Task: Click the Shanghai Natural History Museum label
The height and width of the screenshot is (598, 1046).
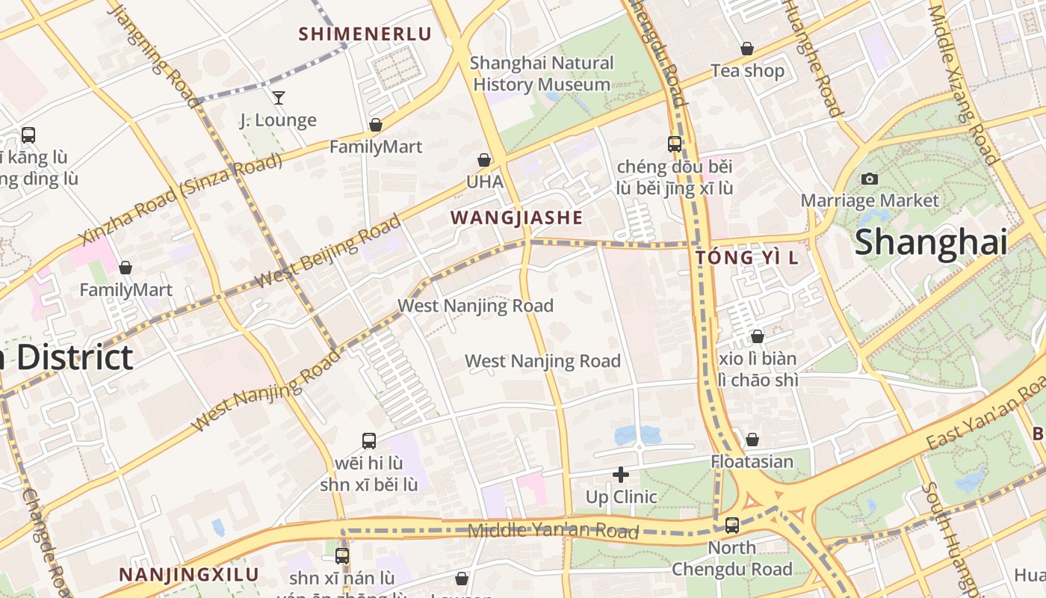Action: tap(542, 74)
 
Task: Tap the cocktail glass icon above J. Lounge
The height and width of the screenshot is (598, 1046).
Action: tap(279, 97)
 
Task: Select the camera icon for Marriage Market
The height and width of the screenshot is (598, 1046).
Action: tap(869, 179)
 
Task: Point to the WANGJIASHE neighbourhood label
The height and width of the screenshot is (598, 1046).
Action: tap(516, 218)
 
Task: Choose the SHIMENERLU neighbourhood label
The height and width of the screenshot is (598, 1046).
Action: tap(365, 34)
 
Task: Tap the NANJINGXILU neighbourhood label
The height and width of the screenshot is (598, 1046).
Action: tap(189, 575)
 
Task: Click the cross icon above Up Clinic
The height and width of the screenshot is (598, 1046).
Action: tap(621, 475)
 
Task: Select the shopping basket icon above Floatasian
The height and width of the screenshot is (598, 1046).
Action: tap(752, 440)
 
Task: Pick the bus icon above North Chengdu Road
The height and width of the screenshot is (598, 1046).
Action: tap(731, 525)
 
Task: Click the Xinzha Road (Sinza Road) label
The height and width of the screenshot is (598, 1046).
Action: tap(181, 199)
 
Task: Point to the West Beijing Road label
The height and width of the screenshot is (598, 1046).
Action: tap(328, 251)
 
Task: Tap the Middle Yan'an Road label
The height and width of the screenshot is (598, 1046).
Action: tap(553, 531)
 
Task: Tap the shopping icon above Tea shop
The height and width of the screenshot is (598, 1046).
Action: tap(746, 49)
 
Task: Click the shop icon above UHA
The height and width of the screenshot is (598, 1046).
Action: tap(484, 160)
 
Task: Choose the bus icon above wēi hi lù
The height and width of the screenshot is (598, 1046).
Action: tap(368, 440)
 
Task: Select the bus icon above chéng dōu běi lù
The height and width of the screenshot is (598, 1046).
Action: tap(674, 144)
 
